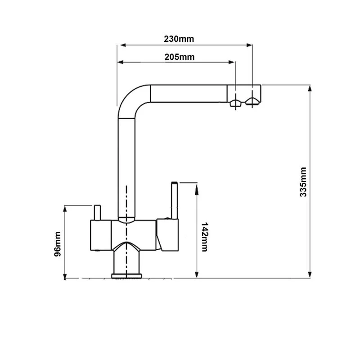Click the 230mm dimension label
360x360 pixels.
coord(179,39)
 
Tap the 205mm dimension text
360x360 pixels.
coord(179,57)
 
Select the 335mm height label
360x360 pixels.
coord(303,182)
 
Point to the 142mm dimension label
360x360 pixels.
coord(204,237)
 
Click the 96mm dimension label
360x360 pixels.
coord(58,244)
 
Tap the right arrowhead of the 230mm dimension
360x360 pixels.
coord(249,45)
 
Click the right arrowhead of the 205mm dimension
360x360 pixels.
coord(231,62)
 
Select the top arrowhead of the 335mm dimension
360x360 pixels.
coord(310,88)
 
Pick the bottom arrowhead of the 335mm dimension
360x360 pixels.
coord(310,274)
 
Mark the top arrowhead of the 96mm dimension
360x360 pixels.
coord(65,209)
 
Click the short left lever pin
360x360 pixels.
coord(97,212)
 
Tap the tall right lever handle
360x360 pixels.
coord(175,200)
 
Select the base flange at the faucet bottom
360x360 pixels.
coord(126,276)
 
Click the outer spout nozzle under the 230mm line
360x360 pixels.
coord(252,102)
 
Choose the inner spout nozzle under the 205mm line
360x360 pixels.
coord(235,103)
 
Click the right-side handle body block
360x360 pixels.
coord(167,234)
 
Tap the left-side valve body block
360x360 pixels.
coord(101,235)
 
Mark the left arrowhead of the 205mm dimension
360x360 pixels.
coord(120,62)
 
